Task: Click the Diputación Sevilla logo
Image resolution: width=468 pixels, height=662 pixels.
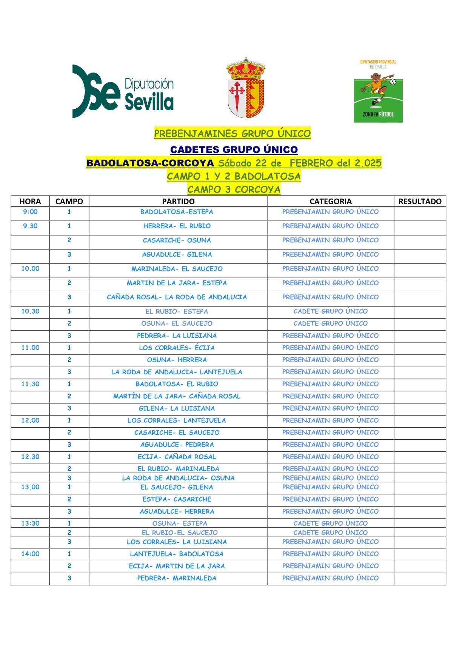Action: (123, 92)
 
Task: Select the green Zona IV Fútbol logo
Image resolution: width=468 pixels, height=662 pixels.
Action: (378, 91)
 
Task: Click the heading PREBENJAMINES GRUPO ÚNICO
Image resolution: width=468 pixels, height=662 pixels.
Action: (232, 134)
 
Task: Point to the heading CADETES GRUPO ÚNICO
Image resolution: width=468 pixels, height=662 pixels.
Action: (234, 149)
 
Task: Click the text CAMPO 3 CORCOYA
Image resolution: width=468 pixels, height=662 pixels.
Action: (234, 189)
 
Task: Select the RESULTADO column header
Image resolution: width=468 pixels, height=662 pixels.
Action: (420, 202)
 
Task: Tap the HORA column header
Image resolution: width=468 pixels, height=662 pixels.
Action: (30, 202)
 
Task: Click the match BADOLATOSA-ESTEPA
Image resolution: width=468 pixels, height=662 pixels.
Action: (177, 212)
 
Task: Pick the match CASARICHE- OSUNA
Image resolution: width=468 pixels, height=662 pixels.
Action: (177, 240)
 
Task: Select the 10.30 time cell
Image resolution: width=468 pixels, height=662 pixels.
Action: (30, 311)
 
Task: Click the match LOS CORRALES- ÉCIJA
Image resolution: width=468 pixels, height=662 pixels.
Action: (177, 348)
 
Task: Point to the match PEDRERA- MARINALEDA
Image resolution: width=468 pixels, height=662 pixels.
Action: (177, 578)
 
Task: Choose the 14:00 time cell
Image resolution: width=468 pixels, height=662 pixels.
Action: (30, 554)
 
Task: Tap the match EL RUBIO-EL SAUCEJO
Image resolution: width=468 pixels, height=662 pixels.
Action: (180, 533)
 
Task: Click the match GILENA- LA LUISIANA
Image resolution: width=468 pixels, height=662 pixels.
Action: (177, 408)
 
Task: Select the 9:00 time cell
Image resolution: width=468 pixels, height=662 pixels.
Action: (30, 212)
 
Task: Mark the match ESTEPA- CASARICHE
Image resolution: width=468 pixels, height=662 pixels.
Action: (177, 499)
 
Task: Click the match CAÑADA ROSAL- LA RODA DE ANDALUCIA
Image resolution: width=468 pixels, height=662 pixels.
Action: (177, 297)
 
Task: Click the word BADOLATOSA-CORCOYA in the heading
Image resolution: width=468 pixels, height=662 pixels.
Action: (150, 163)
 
